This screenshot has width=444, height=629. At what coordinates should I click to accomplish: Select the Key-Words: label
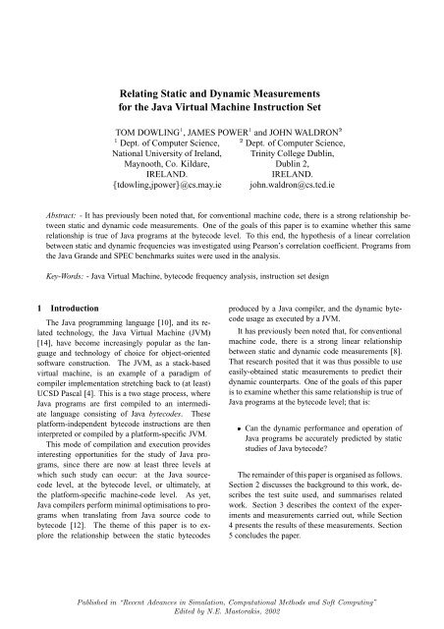(x=55, y=293)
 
